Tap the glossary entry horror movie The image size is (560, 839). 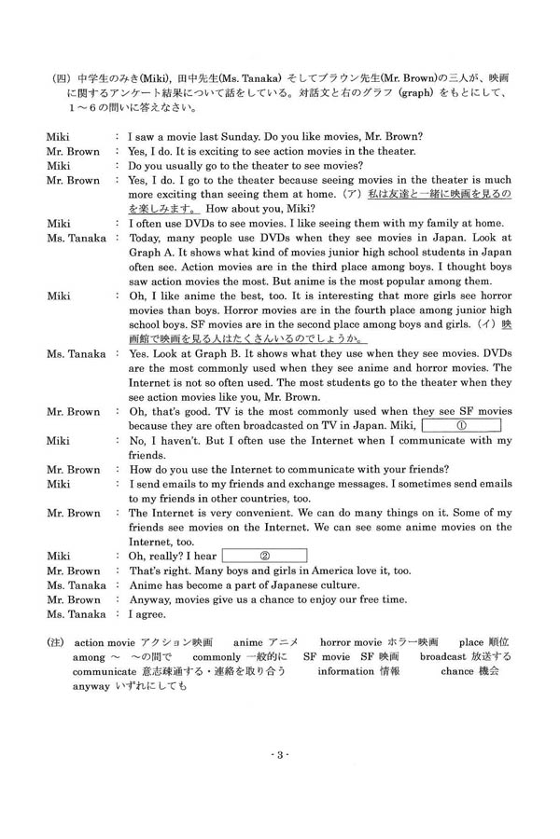[x=356, y=643]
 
